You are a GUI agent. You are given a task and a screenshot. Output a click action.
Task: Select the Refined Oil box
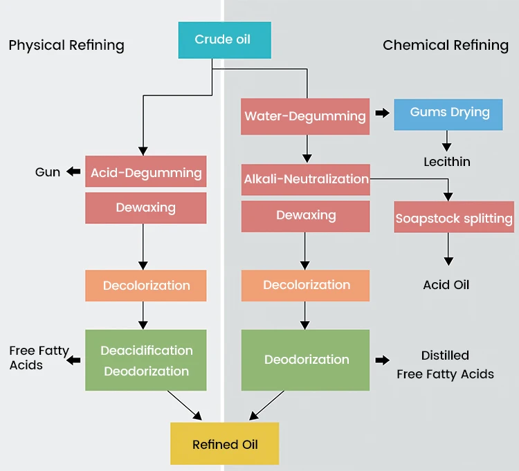click(225, 443)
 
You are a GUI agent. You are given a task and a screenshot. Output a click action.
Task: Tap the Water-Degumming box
click(305, 116)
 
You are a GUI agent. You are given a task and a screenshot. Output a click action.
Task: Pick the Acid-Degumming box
click(146, 172)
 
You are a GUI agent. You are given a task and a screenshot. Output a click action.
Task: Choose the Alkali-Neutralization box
click(306, 179)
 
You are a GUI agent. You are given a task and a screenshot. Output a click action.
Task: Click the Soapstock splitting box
click(454, 219)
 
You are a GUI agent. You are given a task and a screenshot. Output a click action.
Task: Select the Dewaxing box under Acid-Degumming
click(146, 207)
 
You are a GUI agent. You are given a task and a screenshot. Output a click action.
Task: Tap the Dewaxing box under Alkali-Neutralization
click(305, 215)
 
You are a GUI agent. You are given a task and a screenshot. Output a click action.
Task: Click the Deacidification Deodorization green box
click(146, 360)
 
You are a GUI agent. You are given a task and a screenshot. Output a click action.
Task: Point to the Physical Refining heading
click(66, 46)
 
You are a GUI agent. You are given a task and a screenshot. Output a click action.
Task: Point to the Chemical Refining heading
click(446, 46)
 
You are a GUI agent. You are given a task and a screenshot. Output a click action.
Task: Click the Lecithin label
click(447, 162)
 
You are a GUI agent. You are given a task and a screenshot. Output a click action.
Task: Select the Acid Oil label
click(446, 285)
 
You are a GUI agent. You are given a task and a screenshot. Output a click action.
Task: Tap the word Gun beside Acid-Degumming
click(48, 172)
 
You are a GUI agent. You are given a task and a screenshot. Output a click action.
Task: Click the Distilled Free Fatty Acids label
click(445, 365)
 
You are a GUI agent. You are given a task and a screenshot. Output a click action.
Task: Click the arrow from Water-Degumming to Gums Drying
click(382, 113)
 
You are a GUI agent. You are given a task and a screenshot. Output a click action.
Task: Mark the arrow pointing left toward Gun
click(73, 172)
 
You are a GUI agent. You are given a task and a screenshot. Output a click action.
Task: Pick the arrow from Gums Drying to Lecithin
click(447, 141)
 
